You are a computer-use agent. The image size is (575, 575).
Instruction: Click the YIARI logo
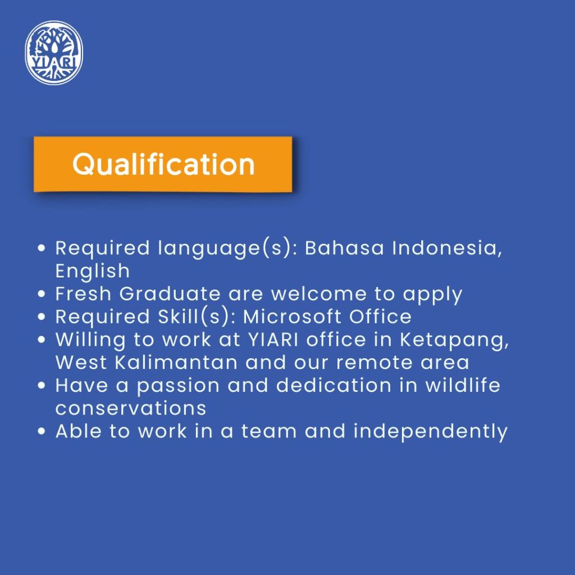[x=54, y=52]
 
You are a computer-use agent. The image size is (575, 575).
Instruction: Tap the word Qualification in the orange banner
[x=163, y=165]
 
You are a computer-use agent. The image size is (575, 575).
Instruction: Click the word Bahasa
[x=344, y=248]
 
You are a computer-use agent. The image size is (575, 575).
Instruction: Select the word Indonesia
[x=447, y=248]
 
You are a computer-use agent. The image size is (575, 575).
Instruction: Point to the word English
[x=93, y=271]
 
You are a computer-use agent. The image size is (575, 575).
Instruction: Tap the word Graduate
[x=170, y=294]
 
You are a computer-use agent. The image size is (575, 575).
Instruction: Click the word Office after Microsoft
[x=380, y=317]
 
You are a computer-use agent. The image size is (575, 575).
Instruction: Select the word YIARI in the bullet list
[x=273, y=340]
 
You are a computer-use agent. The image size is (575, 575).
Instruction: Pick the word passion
[x=178, y=386]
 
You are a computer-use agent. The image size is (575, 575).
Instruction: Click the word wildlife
[x=463, y=385]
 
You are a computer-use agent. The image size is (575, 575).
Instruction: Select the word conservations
[x=131, y=409]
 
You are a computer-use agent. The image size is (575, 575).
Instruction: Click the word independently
[x=431, y=432]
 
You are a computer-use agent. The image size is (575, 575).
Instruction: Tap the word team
[x=269, y=432]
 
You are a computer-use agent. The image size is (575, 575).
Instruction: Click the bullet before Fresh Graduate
[x=42, y=294]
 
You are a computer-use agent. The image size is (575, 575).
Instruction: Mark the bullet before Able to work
[x=42, y=431]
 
